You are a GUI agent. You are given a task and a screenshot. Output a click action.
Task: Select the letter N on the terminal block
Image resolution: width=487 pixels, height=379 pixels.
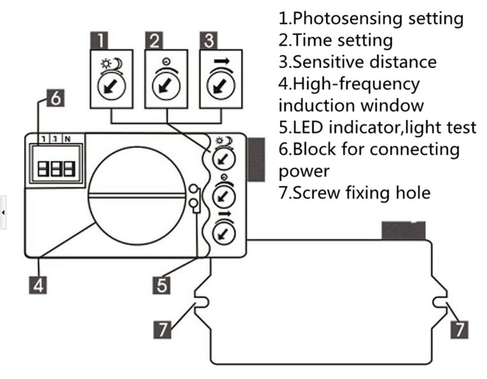[x=67, y=139]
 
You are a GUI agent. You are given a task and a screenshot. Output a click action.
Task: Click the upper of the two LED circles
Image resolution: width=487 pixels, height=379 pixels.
[x=194, y=189]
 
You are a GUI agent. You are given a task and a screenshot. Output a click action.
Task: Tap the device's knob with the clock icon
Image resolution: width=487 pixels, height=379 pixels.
[x=224, y=195]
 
